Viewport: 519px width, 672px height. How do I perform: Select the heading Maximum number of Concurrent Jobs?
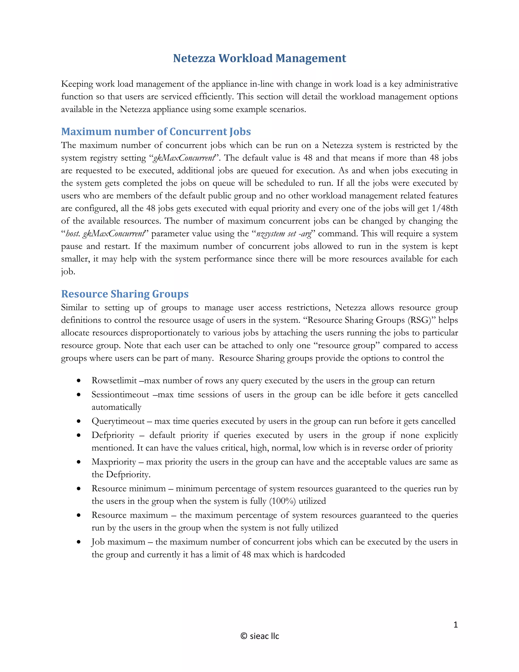click(156, 131)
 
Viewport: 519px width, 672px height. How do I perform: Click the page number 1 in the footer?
click(455, 625)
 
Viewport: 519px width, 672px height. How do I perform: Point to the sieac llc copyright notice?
click(260, 636)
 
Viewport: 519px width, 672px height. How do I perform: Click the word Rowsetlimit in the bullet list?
click(114, 381)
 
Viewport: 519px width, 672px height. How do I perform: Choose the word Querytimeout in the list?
click(118, 421)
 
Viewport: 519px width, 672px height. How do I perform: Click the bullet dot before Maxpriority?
click(79, 462)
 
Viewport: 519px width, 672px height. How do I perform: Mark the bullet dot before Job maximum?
click(79, 542)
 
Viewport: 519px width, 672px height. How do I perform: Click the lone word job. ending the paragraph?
click(68, 272)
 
